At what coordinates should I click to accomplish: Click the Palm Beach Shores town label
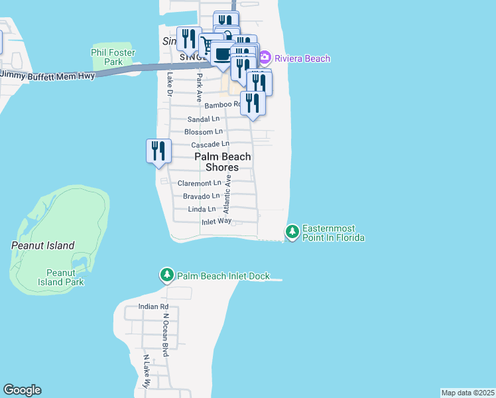(223, 162)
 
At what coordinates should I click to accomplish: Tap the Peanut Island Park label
(65, 277)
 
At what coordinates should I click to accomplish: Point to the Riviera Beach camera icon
(265, 58)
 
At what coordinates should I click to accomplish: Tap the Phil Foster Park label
(113, 57)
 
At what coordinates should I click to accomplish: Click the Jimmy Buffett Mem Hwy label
(48, 75)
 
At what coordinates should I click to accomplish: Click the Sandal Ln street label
(204, 119)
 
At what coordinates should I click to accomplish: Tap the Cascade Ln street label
(210, 144)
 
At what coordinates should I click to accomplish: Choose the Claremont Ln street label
(199, 183)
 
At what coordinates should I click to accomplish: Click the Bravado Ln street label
(201, 196)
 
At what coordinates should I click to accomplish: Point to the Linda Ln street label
(202, 209)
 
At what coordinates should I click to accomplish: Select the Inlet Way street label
(216, 222)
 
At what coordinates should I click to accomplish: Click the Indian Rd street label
(153, 306)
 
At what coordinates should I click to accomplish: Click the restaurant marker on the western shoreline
(158, 150)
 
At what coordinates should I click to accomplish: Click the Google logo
(23, 390)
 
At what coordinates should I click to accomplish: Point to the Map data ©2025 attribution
(467, 393)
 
